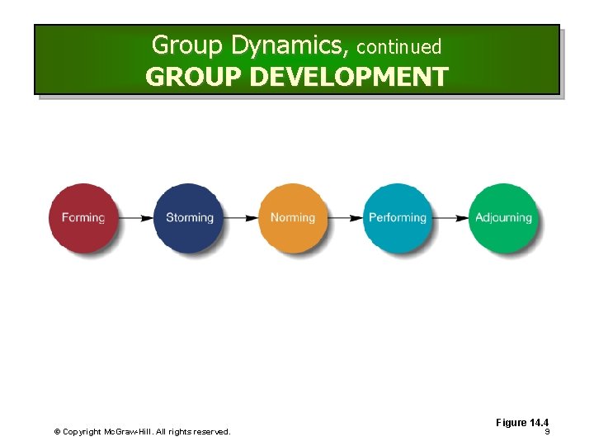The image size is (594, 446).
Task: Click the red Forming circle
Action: pyautogui.click(x=83, y=218)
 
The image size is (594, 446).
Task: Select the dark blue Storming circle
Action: pyautogui.click(x=189, y=218)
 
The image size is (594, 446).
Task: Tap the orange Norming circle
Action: pyautogui.click(x=293, y=218)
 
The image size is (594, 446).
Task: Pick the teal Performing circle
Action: pyautogui.click(x=397, y=218)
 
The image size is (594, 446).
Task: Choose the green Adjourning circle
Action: pyautogui.click(x=503, y=218)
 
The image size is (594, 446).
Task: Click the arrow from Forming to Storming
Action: pyautogui.click(x=136, y=218)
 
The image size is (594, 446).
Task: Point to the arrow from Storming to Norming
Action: pyautogui.click(x=241, y=218)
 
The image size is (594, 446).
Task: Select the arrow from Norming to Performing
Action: pyautogui.click(x=345, y=218)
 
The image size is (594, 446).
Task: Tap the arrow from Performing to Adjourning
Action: pyautogui.click(x=450, y=218)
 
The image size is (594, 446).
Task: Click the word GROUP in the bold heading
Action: pyautogui.click(x=193, y=77)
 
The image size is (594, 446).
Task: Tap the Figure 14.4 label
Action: pyautogui.click(x=522, y=423)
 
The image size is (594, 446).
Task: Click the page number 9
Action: pyautogui.click(x=547, y=432)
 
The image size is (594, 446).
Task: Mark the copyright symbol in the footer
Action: pyautogui.click(x=57, y=432)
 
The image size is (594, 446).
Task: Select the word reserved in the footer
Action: pyautogui.click(x=211, y=432)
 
